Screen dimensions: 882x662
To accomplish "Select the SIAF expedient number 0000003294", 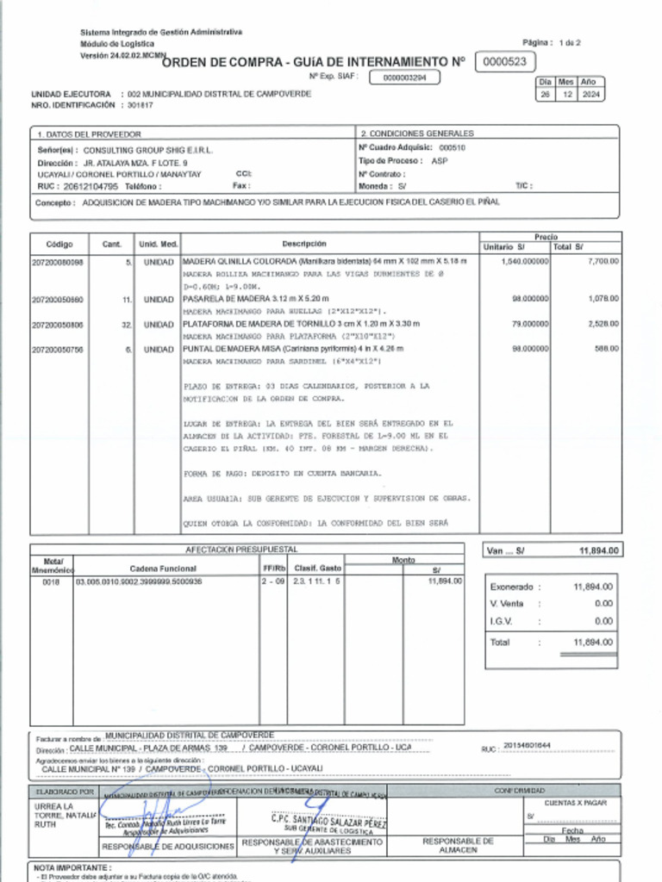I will [404, 78].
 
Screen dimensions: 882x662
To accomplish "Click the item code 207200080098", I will [58, 261].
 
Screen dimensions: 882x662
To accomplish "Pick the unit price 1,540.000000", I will [524, 261].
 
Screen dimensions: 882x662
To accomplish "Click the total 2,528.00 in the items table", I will [602, 325].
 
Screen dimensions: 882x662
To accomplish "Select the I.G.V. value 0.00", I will [603, 621].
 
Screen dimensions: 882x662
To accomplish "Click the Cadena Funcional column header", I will [163, 568].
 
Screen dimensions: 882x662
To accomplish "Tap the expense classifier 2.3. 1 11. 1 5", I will [317, 582].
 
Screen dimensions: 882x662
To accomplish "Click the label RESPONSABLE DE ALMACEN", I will [458, 845].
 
